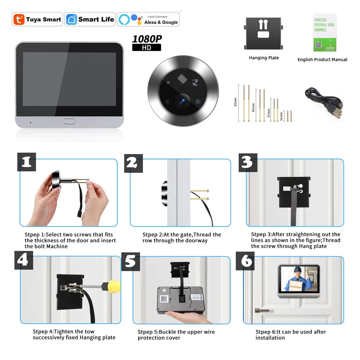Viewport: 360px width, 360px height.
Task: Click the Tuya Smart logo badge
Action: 37,19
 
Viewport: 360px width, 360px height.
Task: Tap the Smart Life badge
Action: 90,19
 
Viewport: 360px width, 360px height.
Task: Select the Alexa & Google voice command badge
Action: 148,19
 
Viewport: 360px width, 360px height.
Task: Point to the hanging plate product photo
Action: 264,34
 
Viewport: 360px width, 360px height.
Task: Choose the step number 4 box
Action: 24,259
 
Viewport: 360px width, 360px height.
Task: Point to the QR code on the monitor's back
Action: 164,298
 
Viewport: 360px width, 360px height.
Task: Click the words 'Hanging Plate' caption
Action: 264,58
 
